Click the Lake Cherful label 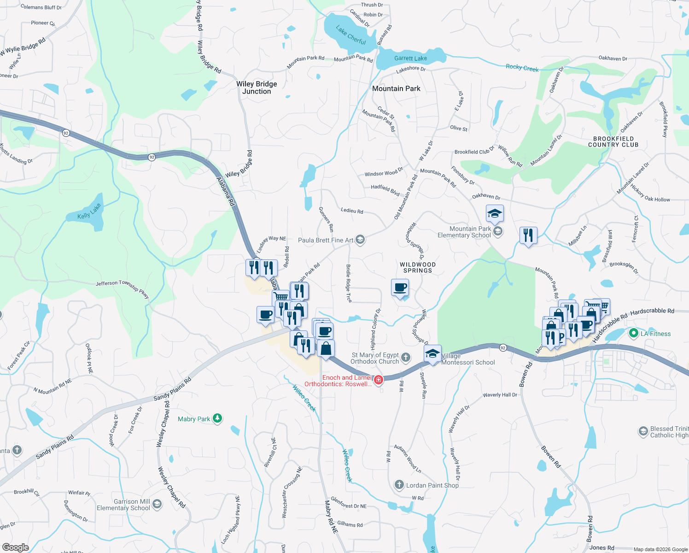350,35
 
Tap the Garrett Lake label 410,59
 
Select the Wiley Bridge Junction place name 257,88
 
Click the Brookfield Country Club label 613,141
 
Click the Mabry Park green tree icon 217,418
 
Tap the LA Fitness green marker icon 633,333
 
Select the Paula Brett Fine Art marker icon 360,239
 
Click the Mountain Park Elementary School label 464,232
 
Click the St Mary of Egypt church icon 406,357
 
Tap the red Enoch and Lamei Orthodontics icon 378,380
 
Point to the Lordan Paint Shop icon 399,485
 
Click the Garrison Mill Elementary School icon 157,504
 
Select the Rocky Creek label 522,68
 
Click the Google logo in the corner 15,547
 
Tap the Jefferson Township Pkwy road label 123,288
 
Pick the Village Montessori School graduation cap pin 432,354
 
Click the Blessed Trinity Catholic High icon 643,431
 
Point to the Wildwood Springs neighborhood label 417,268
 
